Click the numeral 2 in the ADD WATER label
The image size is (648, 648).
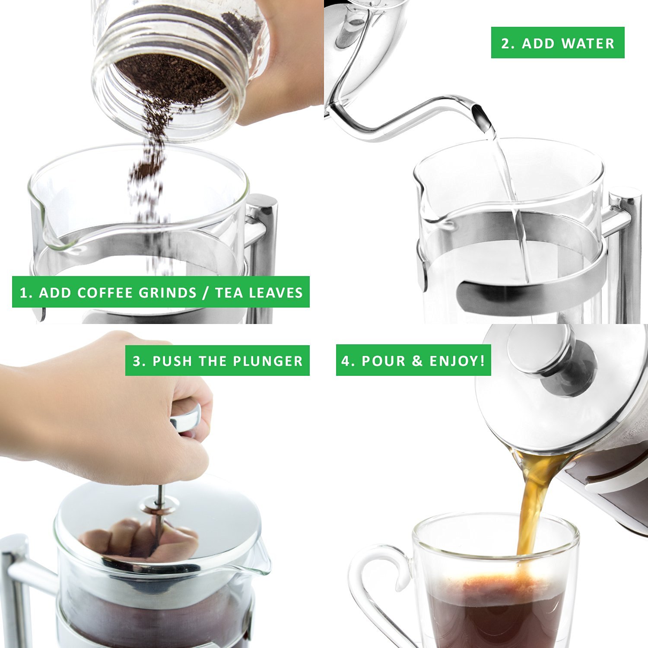[505, 43]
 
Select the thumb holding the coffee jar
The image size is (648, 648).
[276, 86]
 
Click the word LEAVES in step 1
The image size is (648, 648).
[276, 292]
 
